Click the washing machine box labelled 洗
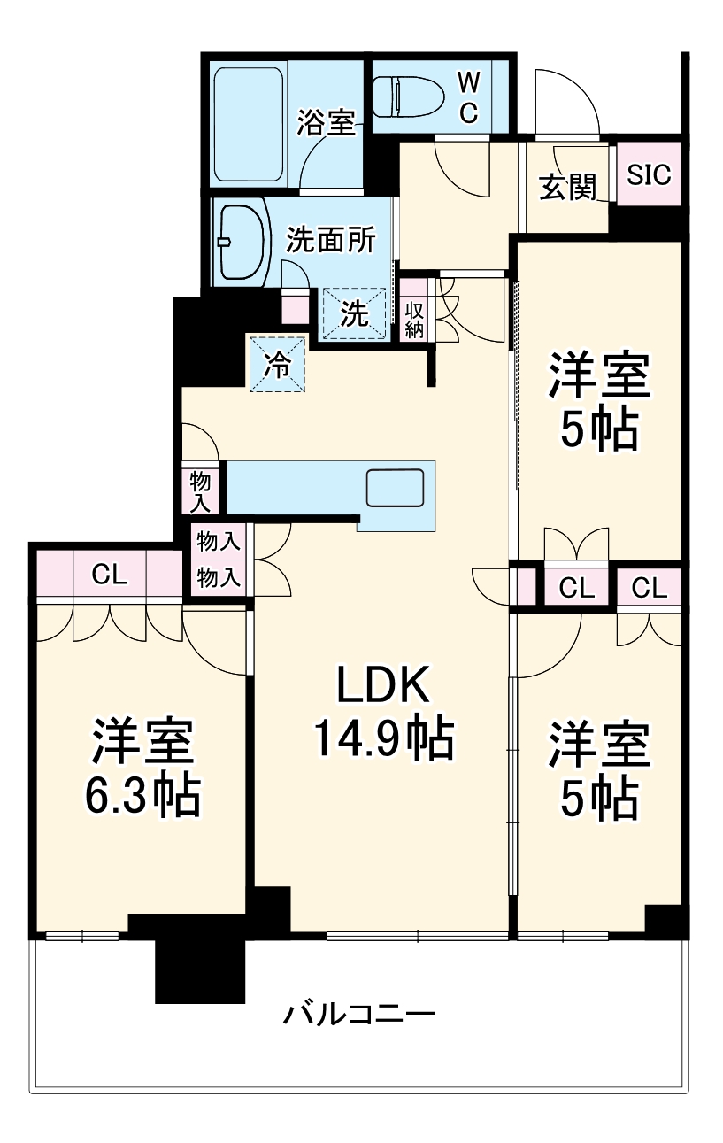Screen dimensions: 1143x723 tap(355, 313)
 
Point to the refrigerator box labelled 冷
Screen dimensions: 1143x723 tap(277, 364)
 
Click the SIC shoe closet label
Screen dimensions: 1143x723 tap(649, 174)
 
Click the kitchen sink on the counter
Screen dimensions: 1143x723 tap(395, 487)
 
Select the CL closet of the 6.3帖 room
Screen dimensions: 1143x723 tap(110, 576)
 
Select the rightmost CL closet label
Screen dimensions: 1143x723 tap(650, 587)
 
